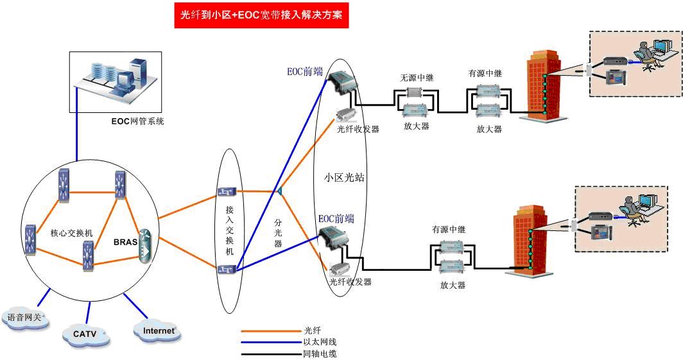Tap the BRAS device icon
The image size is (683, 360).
(x=144, y=244)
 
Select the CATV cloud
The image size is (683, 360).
(x=85, y=334)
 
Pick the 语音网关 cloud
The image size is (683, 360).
(x=24, y=317)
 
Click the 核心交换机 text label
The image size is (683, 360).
(x=72, y=233)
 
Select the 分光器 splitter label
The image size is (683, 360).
(x=278, y=226)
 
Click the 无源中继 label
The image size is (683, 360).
(x=417, y=78)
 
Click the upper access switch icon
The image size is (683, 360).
(x=227, y=191)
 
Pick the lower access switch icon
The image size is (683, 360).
(x=227, y=269)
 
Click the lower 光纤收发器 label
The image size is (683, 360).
(x=350, y=282)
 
